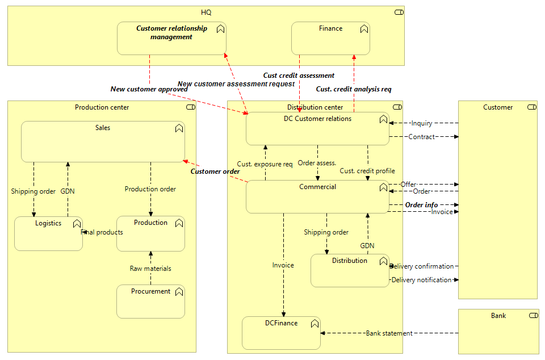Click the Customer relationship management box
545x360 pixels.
pos(171,39)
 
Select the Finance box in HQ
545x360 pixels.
pos(330,39)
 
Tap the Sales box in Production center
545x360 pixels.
pos(103,142)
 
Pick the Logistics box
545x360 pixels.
pos(48,234)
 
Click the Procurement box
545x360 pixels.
pos(150,302)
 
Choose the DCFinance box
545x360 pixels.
pos(281,333)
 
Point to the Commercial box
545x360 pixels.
pos(317,198)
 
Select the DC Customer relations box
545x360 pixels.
pos(317,129)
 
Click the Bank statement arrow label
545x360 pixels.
pos(389,333)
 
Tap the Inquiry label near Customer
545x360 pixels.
pos(422,123)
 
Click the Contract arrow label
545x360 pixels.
pos(422,137)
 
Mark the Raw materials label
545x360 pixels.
pos(150,269)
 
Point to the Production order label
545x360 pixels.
pos(150,189)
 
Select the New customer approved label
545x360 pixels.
pos(149,89)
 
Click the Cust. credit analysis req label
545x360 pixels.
pos(354,89)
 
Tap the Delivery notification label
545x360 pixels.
pos(421,280)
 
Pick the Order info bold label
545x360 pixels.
pos(421,205)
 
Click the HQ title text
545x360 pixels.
pos(206,12)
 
